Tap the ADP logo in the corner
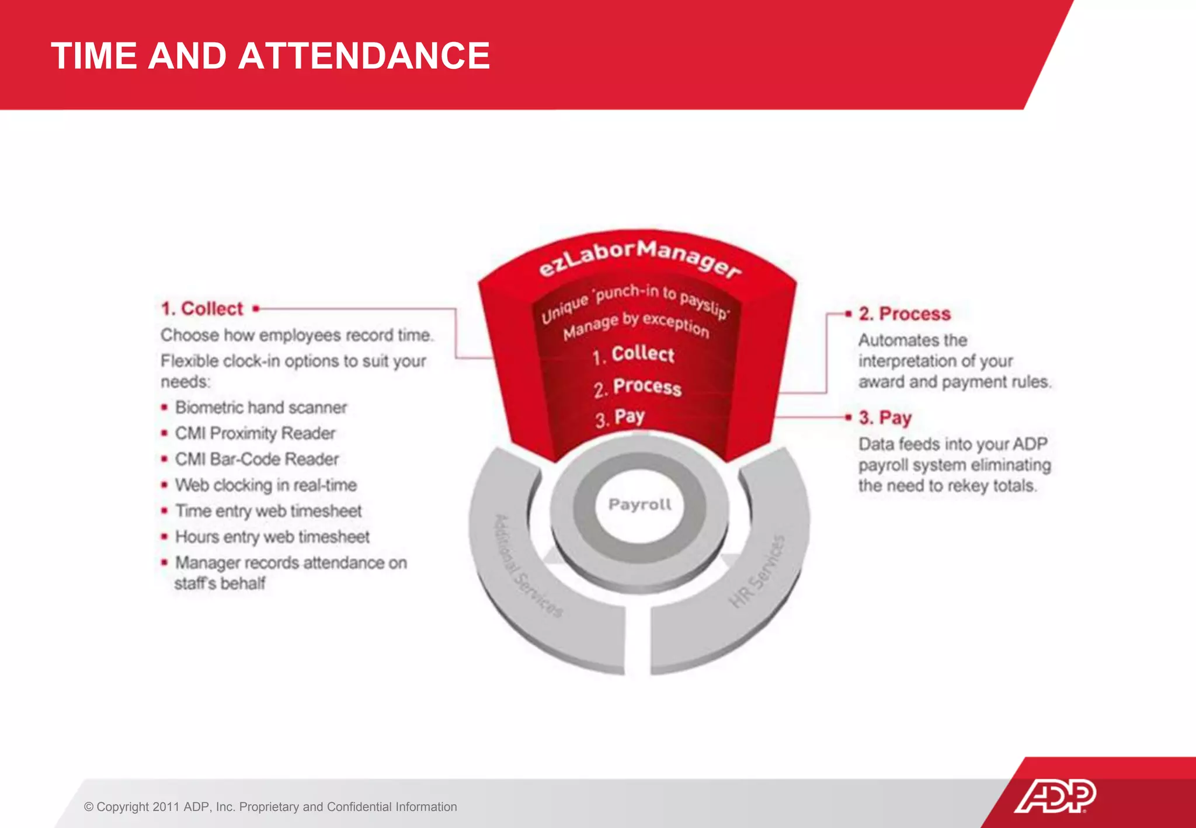(1055, 795)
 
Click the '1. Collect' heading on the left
(202, 308)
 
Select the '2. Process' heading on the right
(904, 314)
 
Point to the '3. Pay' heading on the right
(885, 418)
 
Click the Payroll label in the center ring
(639, 504)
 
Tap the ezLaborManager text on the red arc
(639, 257)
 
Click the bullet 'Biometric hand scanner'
(260, 407)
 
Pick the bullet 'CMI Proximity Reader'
(255, 433)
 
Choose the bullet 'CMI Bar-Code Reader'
(257, 459)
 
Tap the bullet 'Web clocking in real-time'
(266, 485)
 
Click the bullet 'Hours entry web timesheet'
(272, 537)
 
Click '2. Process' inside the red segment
(637, 387)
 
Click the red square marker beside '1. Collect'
(256, 308)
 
